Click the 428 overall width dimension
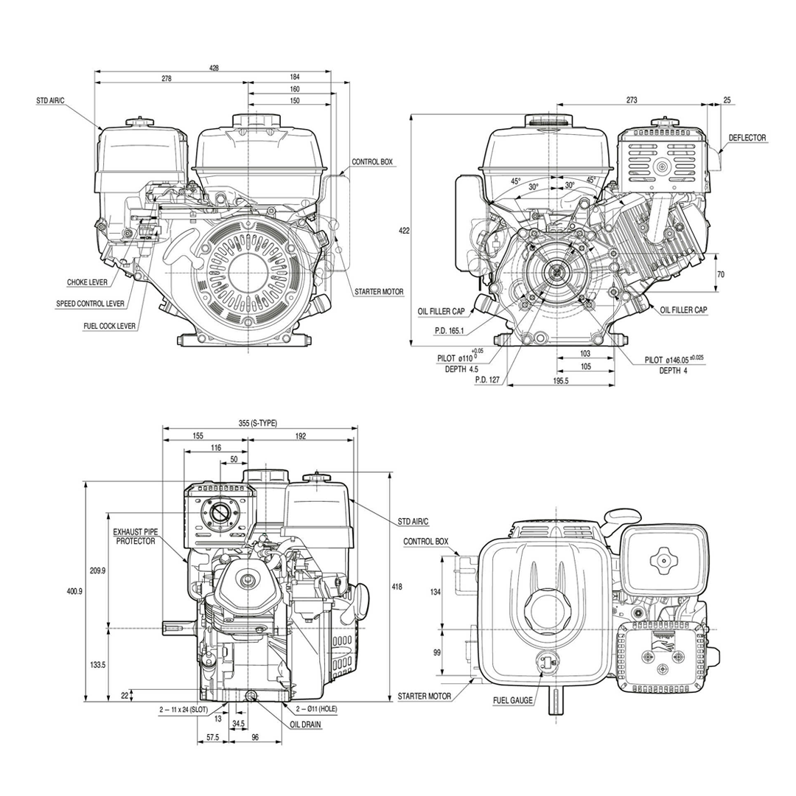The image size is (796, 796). click(x=214, y=67)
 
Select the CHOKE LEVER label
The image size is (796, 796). click(x=87, y=282)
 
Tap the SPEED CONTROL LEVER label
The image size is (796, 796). click(x=91, y=304)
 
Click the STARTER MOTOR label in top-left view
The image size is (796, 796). click(x=379, y=292)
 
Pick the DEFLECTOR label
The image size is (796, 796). click(x=747, y=138)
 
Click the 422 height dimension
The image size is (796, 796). click(x=404, y=230)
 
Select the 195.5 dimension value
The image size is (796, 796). click(x=562, y=381)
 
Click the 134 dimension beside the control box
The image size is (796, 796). click(x=436, y=591)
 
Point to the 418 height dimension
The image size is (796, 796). click(x=397, y=587)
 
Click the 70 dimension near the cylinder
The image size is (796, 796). click(x=720, y=274)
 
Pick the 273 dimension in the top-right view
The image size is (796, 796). click(x=631, y=99)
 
